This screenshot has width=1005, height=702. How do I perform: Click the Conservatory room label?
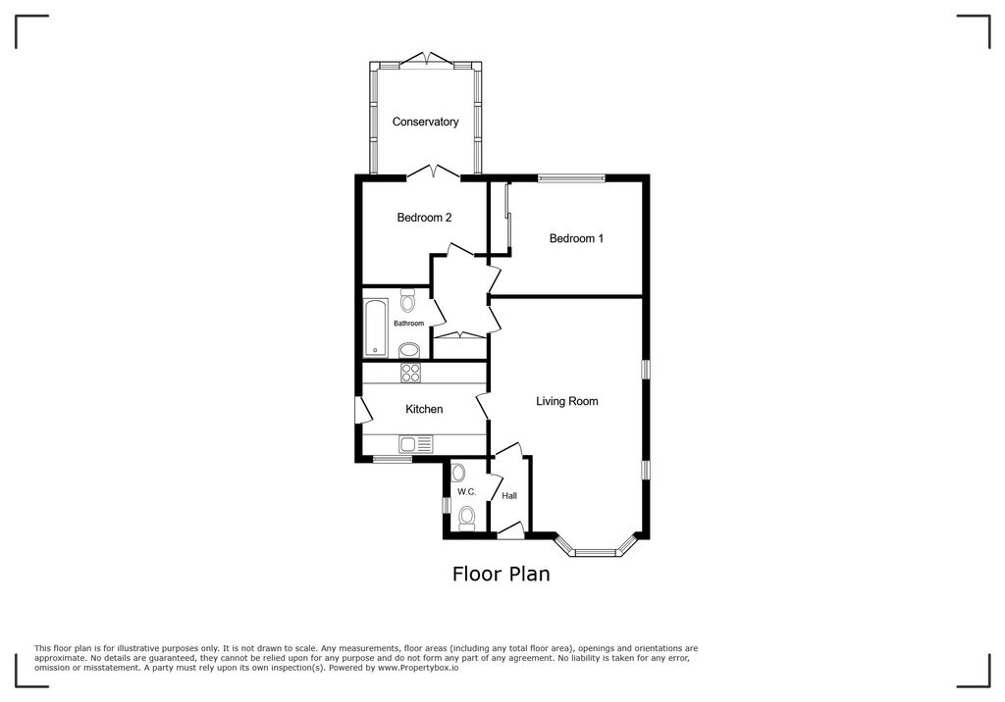pyautogui.click(x=425, y=122)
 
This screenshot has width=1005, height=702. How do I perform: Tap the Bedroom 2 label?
pyautogui.click(x=424, y=218)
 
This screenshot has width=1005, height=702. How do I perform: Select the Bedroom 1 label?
pyautogui.click(x=576, y=238)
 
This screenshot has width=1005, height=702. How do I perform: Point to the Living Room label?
pyautogui.click(x=566, y=401)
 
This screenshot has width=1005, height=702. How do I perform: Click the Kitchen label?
pyautogui.click(x=424, y=409)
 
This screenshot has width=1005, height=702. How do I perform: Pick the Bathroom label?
pyautogui.click(x=408, y=324)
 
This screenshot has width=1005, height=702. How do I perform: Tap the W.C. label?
pyautogui.click(x=465, y=491)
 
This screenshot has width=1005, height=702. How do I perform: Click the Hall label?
pyautogui.click(x=509, y=496)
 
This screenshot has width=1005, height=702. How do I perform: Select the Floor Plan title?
pyautogui.click(x=501, y=575)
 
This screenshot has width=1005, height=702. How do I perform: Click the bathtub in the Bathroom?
pyautogui.click(x=375, y=327)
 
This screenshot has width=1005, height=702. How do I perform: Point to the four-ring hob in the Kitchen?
pyautogui.click(x=410, y=373)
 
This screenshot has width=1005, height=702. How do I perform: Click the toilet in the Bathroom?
pyautogui.click(x=407, y=301)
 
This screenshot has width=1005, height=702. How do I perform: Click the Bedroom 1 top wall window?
pyautogui.click(x=570, y=177)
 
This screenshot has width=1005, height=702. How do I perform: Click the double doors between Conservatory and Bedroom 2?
pyautogui.click(x=433, y=174)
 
